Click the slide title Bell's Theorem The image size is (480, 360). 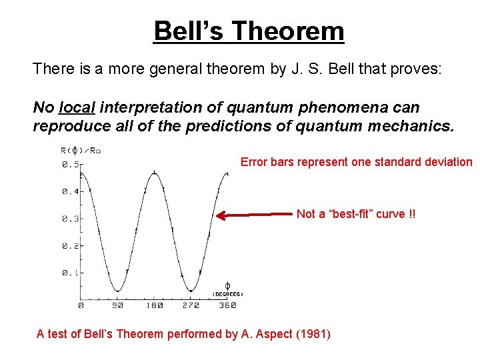pyautogui.click(x=249, y=31)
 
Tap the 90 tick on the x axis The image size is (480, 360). pyautogui.click(x=117, y=305)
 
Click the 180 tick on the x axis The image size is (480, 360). pyautogui.click(x=154, y=305)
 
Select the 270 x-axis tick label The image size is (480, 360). pyautogui.click(x=191, y=305)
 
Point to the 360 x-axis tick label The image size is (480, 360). pyautogui.click(x=227, y=305)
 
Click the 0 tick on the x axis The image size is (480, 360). pyautogui.click(x=81, y=305)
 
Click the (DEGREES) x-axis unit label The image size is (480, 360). pyautogui.click(x=227, y=294)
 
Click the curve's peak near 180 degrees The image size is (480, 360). pyautogui.click(x=154, y=173)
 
